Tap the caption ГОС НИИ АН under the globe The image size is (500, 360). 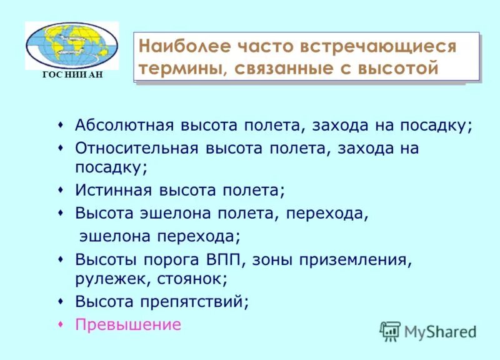click(x=71, y=75)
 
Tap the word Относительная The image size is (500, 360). click(x=135, y=149)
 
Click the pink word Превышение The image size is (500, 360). click(x=128, y=325)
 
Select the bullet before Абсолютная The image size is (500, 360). click(x=61, y=124)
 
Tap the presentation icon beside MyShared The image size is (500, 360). click(x=391, y=331)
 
